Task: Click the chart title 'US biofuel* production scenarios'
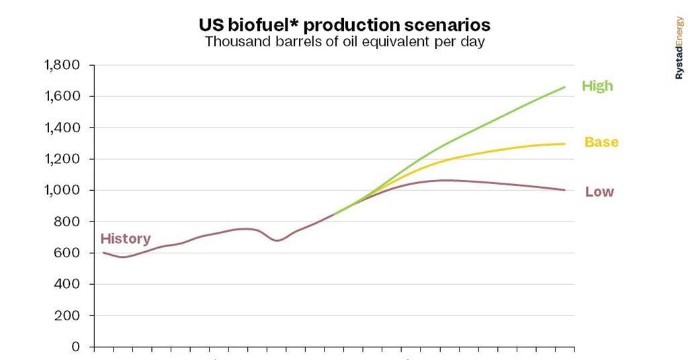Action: tap(344, 25)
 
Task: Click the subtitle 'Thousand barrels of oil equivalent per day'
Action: tap(344, 42)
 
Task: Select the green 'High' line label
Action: tap(597, 86)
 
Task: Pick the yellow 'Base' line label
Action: tap(601, 142)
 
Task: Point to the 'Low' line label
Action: tap(599, 192)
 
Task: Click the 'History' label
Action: tap(126, 238)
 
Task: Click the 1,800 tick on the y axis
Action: tap(62, 65)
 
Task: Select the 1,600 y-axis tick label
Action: tap(62, 96)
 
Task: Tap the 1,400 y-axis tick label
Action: tap(62, 128)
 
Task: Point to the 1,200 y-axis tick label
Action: tap(62, 159)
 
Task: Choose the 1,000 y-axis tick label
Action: tap(62, 190)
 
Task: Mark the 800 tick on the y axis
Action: tap(67, 222)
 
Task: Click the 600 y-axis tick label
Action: tap(67, 253)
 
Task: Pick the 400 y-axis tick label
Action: tap(67, 284)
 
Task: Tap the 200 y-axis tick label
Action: tap(67, 316)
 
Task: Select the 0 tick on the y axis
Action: tap(75, 347)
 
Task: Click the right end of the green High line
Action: tap(564, 87)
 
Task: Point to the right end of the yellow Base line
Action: tap(564, 144)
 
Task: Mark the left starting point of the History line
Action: tap(103, 253)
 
